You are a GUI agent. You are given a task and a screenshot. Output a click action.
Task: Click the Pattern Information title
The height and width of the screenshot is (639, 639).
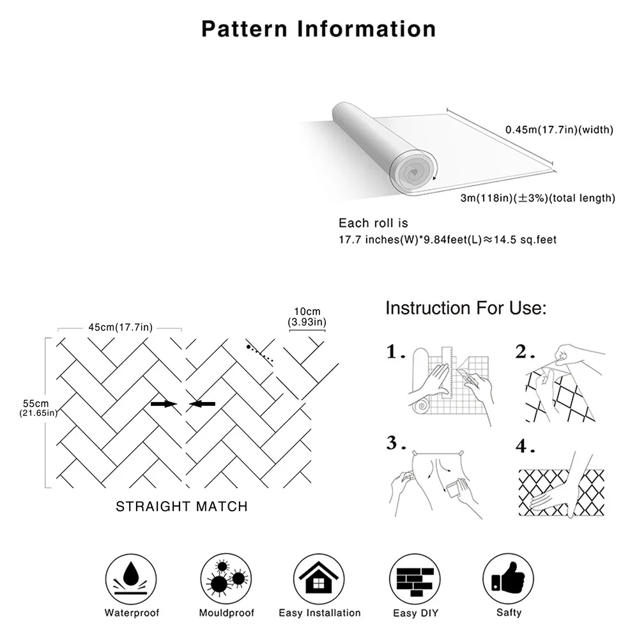[319, 29]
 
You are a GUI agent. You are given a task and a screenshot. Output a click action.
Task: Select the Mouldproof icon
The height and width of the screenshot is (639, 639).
[226, 576]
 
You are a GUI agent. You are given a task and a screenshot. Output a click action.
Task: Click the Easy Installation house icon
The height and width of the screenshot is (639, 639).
[319, 576]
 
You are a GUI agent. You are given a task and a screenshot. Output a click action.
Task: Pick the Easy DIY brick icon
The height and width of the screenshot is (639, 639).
[413, 576]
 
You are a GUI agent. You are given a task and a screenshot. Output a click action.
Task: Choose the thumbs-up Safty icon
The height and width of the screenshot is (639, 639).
[508, 576]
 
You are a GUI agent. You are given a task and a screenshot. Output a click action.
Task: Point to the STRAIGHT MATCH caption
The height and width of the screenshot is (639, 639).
[181, 507]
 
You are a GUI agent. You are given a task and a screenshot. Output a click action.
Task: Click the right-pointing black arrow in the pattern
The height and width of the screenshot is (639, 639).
[164, 404]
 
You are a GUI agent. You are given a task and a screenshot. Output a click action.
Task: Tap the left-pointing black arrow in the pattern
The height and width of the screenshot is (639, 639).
[203, 404]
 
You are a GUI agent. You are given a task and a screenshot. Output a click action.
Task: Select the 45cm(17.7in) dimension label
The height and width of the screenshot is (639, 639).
[120, 328]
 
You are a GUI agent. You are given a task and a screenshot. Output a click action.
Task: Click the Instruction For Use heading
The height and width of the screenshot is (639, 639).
[466, 308]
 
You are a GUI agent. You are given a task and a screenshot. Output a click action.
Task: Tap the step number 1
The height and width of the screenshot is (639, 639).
[396, 352]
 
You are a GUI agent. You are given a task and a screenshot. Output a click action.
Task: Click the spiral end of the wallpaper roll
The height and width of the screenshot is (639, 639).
[412, 169]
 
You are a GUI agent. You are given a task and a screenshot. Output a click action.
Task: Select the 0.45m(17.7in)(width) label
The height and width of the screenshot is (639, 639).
[559, 130]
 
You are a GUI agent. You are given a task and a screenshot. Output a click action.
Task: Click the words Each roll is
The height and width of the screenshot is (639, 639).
[373, 223]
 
